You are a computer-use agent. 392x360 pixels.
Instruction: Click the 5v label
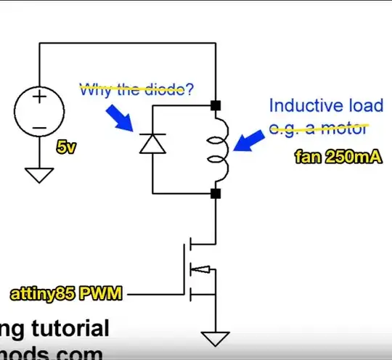coord(66,147)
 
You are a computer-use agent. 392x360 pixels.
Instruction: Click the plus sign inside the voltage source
coord(38,97)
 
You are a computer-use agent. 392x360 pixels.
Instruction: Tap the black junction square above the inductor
coord(216,106)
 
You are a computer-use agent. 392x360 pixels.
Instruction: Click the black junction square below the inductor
coord(216,193)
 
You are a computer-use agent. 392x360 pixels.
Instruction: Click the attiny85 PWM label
coord(65,295)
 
